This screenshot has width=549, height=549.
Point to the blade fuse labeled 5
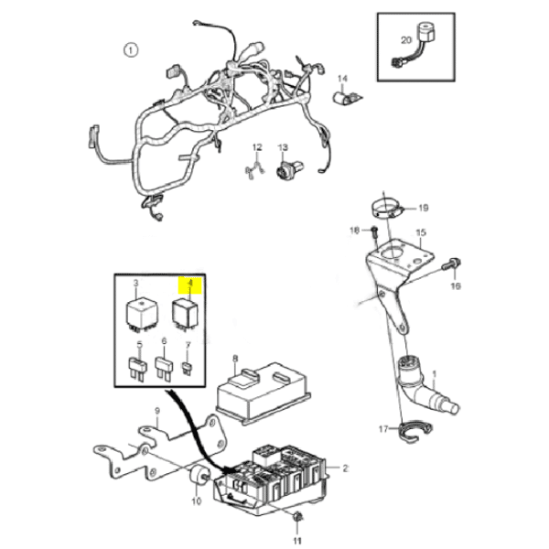click(140, 371)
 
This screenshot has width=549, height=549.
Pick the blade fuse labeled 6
click(166, 371)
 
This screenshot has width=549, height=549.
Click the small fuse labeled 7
click(189, 369)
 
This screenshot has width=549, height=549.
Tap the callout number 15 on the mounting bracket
click(422, 233)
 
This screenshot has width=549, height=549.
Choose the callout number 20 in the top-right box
click(407, 40)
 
